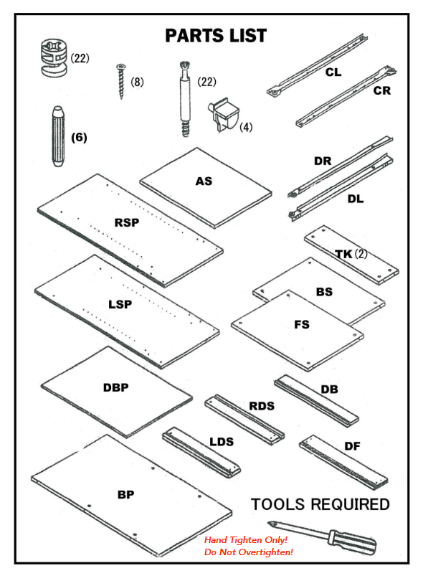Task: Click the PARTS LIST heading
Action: tap(216, 36)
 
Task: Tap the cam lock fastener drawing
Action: tap(54, 57)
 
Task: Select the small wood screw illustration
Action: tap(120, 81)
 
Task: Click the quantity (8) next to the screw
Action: tap(137, 82)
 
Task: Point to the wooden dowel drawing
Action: tap(58, 136)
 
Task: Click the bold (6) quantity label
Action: tap(79, 138)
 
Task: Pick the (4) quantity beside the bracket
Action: tap(246, 128)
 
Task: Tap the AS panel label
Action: tap(204, 181)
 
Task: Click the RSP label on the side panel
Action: tap(127, 222)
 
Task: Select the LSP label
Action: tap(120, 305)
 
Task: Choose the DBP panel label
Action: tap(115, 387)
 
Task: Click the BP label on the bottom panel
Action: tap(125, 495)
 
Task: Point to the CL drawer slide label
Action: tap(333, 72)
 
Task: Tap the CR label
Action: tap(382, 91)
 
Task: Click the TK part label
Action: tap(343, 254)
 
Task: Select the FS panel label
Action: tap(302, 325)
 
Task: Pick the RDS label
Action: tap(262, 406)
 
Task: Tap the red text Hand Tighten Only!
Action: tap(246, 540)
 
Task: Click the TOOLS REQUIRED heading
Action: tap(320, 504)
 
